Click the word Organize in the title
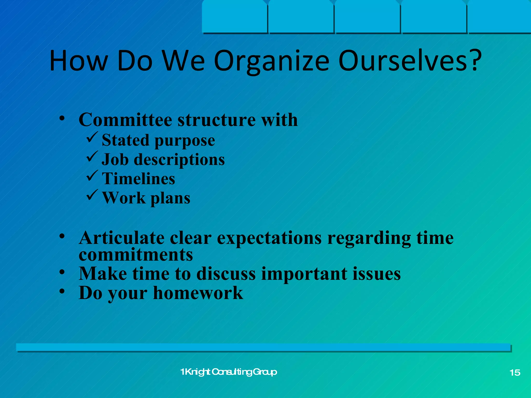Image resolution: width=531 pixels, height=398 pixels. tap(271, 62)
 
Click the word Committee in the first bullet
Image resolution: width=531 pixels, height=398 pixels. tap(125, 120)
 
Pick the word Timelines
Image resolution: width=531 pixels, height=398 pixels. tap(139, 179)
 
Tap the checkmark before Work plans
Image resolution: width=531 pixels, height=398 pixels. tap(92, 195)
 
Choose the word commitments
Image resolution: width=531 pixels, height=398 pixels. tap(136, 255)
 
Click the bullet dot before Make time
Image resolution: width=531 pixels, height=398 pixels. tap(62, 272)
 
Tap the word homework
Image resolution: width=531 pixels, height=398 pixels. tap(198, 293)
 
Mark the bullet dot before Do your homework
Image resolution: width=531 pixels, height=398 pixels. tap(62, 292)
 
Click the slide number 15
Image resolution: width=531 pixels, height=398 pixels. tap(515, 373)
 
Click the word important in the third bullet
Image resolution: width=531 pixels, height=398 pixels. tap(304, 274)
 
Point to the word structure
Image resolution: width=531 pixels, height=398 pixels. tap(216, 120)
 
